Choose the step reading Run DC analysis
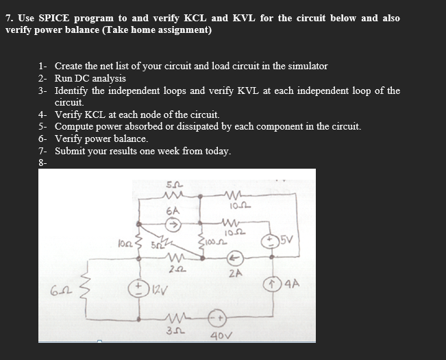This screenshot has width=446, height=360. (90, 78)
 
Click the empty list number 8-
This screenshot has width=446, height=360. (42, 163)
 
